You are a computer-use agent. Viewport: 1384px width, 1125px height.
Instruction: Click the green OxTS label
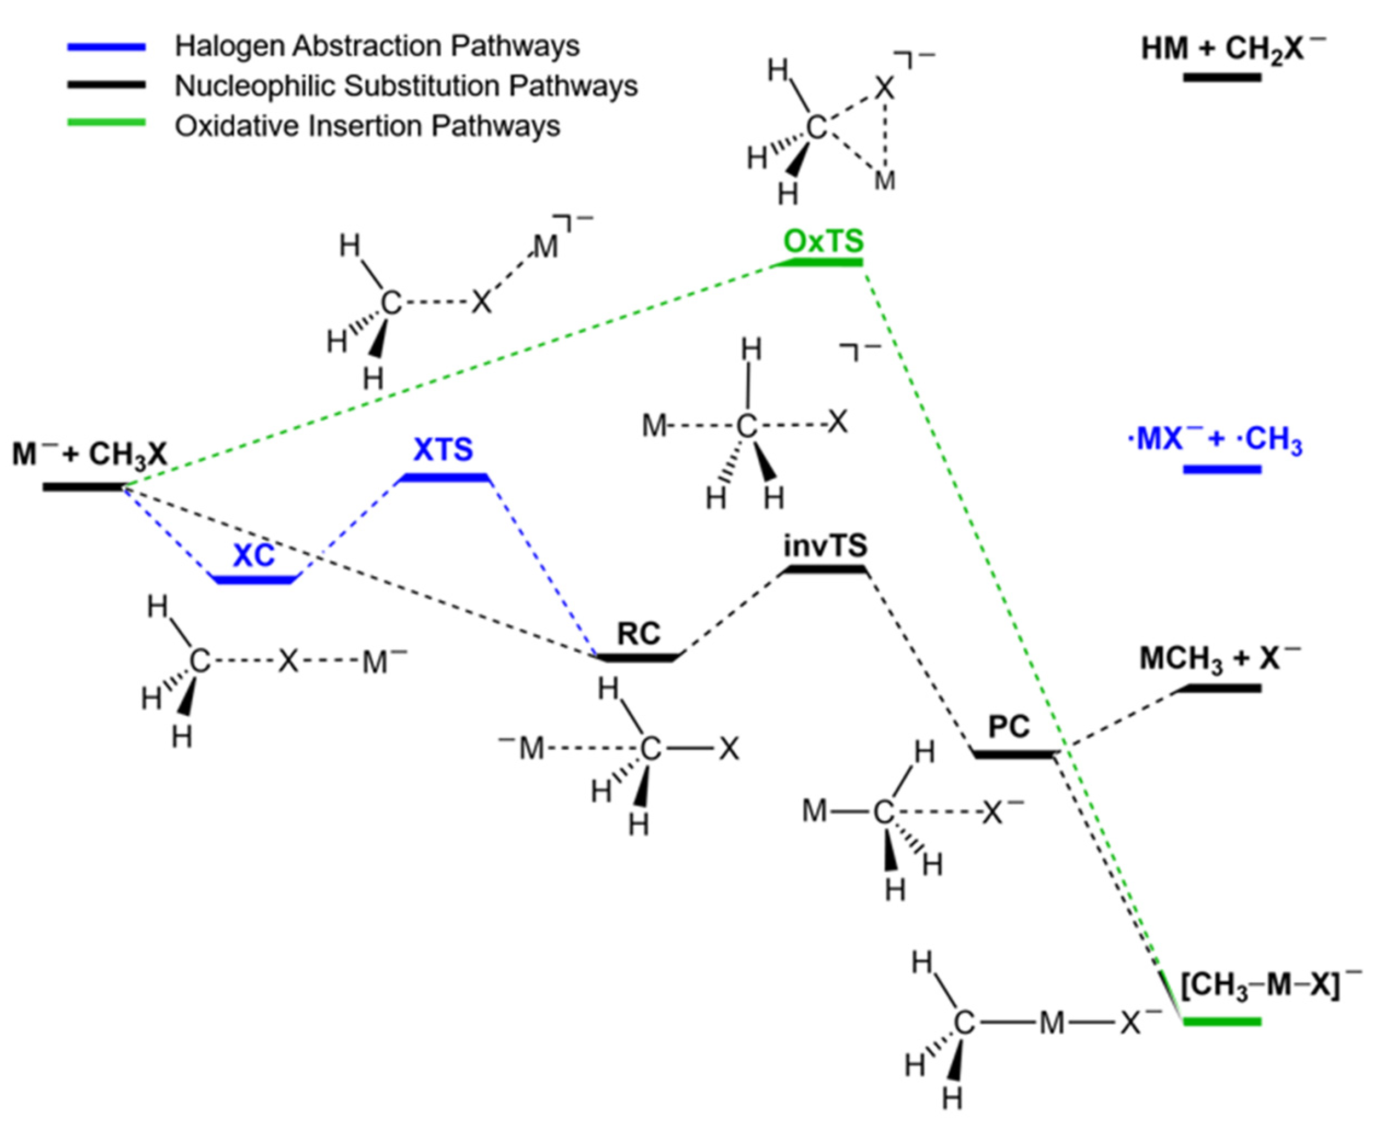click(823, 241)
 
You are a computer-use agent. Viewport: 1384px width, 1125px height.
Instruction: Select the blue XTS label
click(443, 449)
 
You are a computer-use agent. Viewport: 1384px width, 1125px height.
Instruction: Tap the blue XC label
click(253, 555)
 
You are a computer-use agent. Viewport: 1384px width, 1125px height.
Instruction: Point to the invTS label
click(824, 546)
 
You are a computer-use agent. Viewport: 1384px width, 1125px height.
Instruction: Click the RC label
click(638, 633)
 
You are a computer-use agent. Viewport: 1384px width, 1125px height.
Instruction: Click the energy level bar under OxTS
click(820, 262)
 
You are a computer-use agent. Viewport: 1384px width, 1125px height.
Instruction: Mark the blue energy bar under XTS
click(444, 478)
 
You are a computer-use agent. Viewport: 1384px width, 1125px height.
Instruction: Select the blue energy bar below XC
click(254, 579)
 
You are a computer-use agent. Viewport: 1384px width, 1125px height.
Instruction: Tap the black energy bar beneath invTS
click(824, 569)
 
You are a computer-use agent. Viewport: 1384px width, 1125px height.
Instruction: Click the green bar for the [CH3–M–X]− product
click(1222, 1022)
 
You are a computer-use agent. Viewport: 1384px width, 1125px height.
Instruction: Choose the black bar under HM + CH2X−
click(1222, 77)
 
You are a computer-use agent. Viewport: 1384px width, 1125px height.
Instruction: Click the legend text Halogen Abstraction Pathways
click(377, 46)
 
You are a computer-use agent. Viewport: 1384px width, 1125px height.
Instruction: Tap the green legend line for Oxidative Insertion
click(106, 123)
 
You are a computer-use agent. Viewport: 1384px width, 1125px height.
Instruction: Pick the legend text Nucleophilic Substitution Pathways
click(406, 85)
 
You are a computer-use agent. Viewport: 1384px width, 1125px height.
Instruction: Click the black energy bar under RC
click(638, 657)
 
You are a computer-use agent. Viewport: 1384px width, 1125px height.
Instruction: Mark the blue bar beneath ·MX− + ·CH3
click(1222, 469)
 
